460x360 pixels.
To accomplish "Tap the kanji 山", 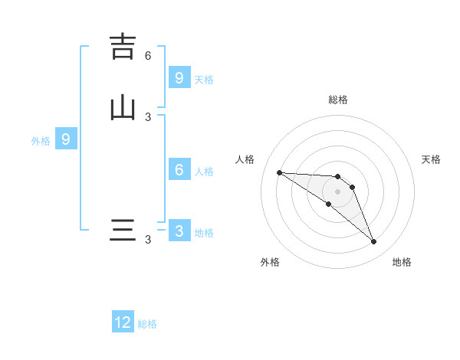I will point(123,107).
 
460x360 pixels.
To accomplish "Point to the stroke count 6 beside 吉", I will point(148,55).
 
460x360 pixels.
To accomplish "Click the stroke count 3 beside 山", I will point(148,116).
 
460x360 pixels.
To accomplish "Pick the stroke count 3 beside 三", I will point(148,240).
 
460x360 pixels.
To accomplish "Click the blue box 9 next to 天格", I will point(179,78).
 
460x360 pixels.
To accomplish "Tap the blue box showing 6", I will point(179,170).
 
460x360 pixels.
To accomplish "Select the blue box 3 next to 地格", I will point(179,231).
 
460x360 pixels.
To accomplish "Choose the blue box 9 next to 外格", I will point(66,139).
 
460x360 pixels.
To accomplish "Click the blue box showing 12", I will point(123,322).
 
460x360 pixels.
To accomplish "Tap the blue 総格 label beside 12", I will point(147,324).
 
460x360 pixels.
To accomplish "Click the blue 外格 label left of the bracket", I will point(41,141).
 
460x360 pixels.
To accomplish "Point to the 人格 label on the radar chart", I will point(245,159).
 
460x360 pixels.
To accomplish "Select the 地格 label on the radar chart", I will point(402,262).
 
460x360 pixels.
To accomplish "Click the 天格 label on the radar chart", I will point(431,159).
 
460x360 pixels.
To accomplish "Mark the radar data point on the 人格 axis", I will point(279,172).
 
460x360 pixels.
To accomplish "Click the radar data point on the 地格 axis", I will point(374,242).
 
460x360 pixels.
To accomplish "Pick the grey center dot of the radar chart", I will point(337,191).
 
